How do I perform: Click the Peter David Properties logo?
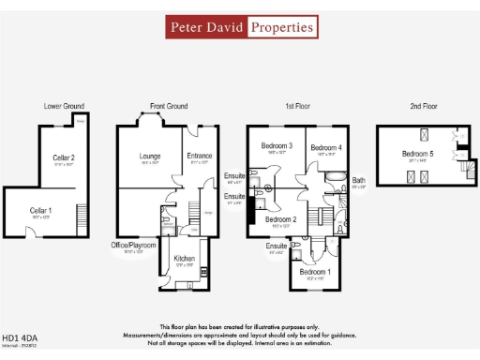point(240,27)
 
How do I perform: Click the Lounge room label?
point(151,156)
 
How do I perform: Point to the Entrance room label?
point(199,156)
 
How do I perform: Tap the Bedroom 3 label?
point(277,146)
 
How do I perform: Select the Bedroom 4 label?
point(325,147)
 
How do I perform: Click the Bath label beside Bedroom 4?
point(358,180)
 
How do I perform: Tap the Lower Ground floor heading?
point(64,107)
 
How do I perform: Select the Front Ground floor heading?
point(169,107)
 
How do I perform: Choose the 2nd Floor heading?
point(423,107)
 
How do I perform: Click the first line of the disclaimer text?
point(240,326)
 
